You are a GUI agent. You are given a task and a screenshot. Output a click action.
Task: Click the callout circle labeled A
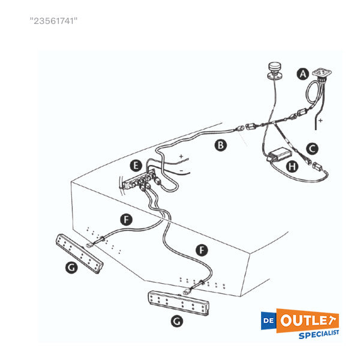point(304,74)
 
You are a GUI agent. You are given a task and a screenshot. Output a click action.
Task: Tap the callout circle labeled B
point(221,145)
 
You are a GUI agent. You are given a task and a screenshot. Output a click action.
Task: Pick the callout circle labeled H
point(292,166)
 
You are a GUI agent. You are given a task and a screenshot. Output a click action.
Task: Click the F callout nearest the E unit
point(125,220)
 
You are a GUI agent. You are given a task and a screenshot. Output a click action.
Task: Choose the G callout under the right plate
point(176,322)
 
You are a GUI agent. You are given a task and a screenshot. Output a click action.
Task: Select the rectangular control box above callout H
point(277,152)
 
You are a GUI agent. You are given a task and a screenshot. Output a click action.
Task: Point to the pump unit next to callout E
point(144,180)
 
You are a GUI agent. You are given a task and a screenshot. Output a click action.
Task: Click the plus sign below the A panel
point(321,121)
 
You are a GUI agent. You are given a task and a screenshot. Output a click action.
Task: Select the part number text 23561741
point(54,21)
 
